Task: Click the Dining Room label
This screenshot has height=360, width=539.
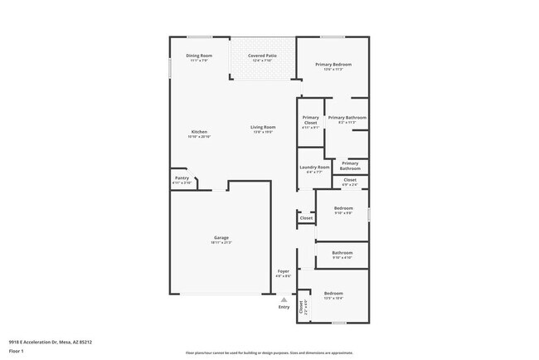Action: click(200, 57)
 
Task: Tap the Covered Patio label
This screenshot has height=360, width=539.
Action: click(262, 57)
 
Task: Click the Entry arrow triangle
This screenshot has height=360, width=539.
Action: click(284, 299)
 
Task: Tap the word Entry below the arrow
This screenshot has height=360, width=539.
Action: click(284, 307)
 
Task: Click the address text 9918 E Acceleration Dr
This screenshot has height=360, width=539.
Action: click(51, 341)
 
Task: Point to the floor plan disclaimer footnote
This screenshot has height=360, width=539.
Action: click(269, 353)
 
